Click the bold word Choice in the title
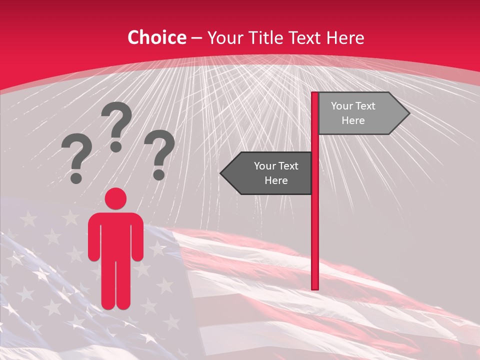156,38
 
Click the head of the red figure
115,198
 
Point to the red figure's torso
115,235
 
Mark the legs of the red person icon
115,285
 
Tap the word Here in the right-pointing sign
353,120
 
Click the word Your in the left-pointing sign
265,166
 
